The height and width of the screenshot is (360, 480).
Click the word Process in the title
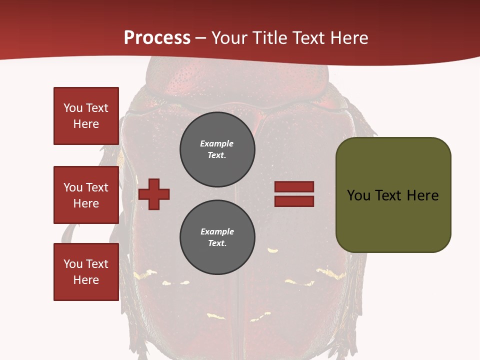click(x=157, y=38)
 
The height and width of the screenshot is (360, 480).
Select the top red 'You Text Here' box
click(x=86, y=116)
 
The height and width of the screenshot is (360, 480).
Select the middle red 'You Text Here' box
click(x=86, y=195)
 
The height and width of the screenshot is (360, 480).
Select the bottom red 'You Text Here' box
click(x=86, y=272)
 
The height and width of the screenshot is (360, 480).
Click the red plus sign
click(x=154, y=194)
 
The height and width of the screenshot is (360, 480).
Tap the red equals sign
click(x=294, y=194)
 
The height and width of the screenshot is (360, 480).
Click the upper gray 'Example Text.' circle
click(x=217, y=149)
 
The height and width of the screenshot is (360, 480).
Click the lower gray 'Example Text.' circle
click(x=217, y=237)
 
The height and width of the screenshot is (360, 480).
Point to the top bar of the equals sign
click(x=294, y=187)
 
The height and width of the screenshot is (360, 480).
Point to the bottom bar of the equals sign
click(x=294, y=201)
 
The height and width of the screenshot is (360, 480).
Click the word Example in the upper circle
click(x=217, y=144)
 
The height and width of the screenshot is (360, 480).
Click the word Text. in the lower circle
click(x=217, y=243)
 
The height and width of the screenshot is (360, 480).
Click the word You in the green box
click(x=359, y=195)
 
